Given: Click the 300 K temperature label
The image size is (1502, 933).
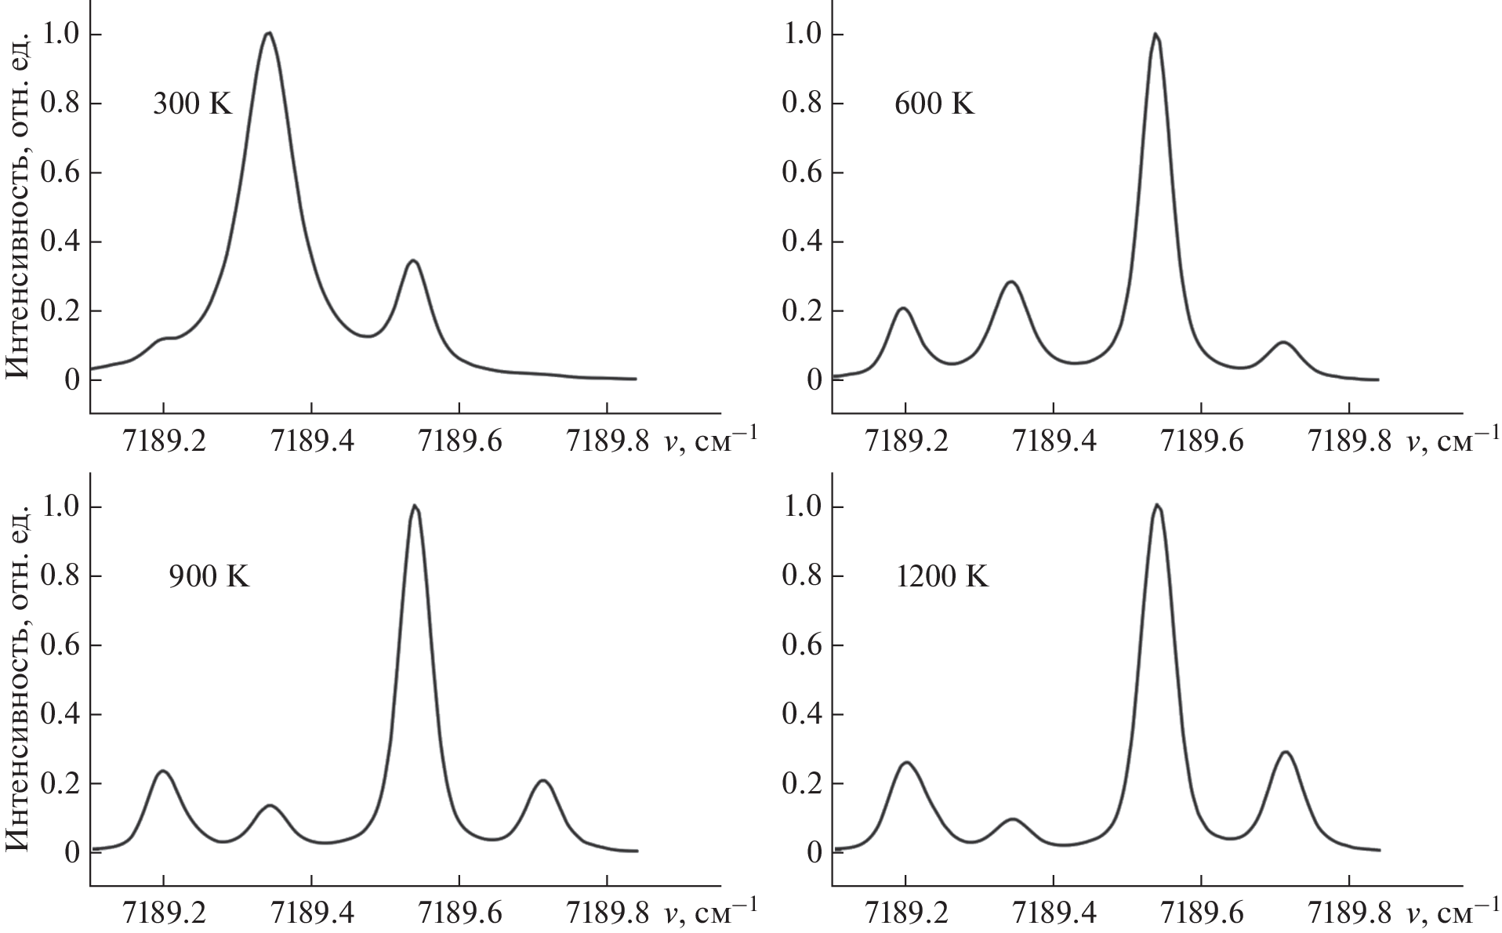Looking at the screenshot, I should [x=192, y=104].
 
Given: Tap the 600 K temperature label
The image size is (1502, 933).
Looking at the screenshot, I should [x=934, y=104].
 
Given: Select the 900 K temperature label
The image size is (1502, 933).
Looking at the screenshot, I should [x=209, y=577].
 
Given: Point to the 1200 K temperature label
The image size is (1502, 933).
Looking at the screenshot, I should [x=941, y=577].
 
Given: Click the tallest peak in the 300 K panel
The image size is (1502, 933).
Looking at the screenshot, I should [x=268, y=34].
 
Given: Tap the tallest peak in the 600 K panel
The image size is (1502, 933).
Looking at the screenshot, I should [x=1155, y=34].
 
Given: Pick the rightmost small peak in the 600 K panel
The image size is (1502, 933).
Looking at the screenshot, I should [x=1283, y=343].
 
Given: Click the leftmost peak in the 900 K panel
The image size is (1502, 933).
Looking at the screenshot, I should [x=164, y=771].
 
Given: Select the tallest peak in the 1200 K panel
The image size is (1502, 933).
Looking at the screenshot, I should [x=1156, y=506].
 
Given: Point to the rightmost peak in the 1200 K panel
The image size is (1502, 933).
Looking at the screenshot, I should [x=1285, y=753].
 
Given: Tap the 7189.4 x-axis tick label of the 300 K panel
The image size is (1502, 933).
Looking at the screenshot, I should [x=311, y=442].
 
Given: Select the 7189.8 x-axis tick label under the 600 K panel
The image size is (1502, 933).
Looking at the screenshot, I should [x=1348, y=442].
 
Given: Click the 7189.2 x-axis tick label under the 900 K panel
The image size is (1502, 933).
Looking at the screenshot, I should [x=163, y=914].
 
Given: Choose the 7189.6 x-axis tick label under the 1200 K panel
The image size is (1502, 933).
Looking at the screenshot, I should [x=1201, y=914].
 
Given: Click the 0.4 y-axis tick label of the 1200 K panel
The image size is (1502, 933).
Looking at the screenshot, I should [x=801, y=714].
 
